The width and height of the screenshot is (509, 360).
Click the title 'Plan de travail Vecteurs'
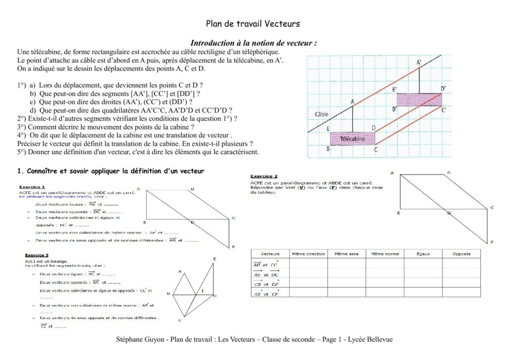253,23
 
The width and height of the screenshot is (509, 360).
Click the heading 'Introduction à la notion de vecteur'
254,43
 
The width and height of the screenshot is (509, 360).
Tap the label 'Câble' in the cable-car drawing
322,114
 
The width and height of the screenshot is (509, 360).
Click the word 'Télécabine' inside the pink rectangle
352,139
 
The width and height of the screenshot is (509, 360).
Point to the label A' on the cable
419,62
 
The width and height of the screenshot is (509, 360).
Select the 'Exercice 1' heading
32,187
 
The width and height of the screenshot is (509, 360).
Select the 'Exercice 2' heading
264,176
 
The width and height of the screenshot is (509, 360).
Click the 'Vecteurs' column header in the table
270,254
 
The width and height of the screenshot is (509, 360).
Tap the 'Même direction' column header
308,254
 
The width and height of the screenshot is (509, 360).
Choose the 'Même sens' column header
346,254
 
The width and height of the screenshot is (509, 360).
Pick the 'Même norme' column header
385,254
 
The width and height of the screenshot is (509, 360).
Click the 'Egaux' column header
423,254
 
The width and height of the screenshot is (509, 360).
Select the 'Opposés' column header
461,254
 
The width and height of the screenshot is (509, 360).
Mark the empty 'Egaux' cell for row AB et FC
423,264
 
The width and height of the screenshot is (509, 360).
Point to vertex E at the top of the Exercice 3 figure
214,259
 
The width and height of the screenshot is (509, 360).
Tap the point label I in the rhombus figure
202,290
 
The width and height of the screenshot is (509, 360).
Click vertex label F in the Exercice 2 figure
492,242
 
